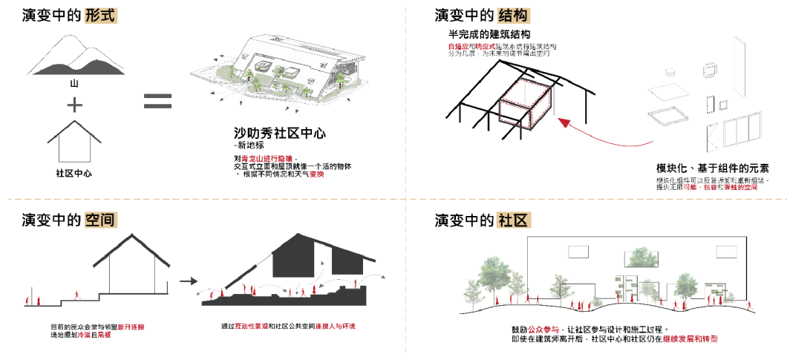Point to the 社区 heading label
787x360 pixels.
click(x=514, y=220)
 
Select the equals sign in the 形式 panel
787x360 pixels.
click(x=157, y=102)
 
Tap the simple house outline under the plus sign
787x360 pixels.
click(x=74, y=145)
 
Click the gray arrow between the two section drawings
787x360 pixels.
click(x=189, y=281)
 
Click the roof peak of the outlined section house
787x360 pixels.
click(x=133, y=236)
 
